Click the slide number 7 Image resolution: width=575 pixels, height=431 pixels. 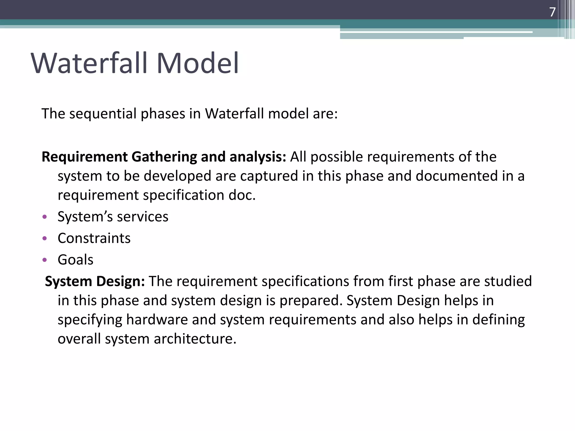point(552,12)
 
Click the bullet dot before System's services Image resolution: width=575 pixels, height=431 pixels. point(44,217)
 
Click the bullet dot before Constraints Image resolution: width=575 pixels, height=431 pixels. point(44,239)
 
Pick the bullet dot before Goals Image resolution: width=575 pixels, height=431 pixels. point(44,260)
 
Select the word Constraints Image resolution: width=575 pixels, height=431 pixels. point(94,238)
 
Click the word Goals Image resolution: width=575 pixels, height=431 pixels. point(75,260)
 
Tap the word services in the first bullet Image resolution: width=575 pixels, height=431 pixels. point(143,217)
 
